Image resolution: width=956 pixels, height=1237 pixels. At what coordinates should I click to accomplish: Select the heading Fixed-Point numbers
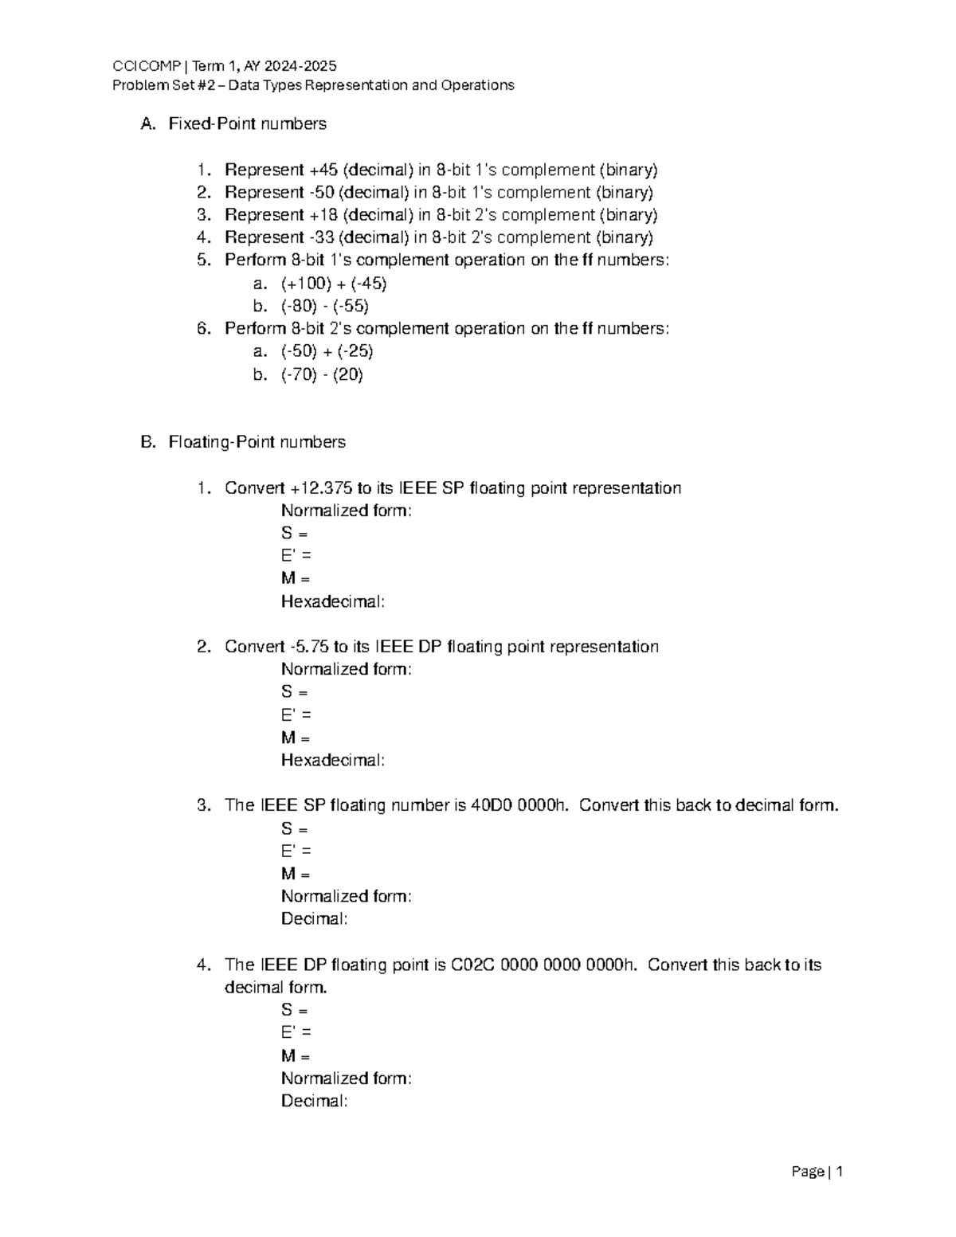[x=247, y=124]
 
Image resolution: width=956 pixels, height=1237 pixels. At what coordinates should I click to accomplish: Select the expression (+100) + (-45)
[x=334, y=284]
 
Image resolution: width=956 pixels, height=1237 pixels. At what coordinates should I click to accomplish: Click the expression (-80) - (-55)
[x=324, y=306]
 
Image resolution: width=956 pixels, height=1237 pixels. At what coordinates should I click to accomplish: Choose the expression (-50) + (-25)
[x=327, y=351]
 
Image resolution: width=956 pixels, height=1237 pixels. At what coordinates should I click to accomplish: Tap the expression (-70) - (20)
[x=322, y=374]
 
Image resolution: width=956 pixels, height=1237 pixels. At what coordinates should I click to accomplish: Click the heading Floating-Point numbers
[x=257, y=442]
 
